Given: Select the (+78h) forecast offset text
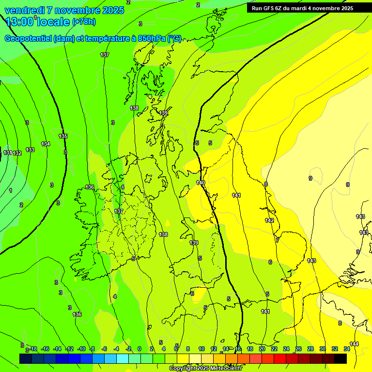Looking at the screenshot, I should pos(83,22).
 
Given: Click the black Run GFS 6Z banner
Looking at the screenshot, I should pos(302,8).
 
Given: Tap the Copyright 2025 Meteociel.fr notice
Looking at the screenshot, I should pos(205,369).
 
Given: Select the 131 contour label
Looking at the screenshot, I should pos(8,153).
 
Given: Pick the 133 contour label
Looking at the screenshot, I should pos(30,150).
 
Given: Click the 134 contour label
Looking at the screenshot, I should pos(46,144).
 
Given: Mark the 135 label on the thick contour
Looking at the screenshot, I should pos(63,137).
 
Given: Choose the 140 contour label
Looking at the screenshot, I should pos(201,183).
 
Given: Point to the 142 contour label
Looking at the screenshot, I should pos(269,220).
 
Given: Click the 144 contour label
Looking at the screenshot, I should pos(354,344).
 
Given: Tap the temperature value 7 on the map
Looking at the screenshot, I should pos(277,240).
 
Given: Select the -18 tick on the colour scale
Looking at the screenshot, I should pos(33,349).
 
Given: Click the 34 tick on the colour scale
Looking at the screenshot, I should pos(347,349).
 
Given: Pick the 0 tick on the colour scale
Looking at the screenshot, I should pos(139,349).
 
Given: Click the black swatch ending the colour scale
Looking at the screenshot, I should pos(341,358).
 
